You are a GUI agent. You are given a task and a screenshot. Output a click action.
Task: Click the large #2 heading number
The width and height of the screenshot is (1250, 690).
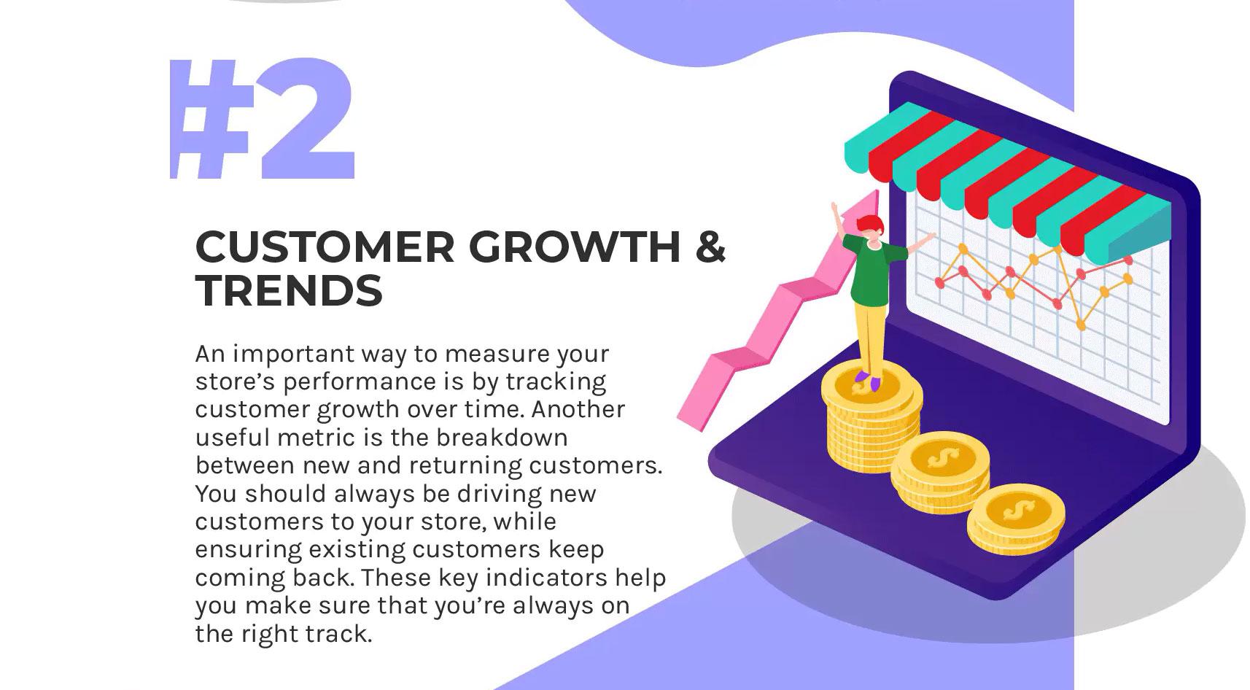point(263,118)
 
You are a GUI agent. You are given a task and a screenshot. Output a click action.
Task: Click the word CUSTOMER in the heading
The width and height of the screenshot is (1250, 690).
point(325,247)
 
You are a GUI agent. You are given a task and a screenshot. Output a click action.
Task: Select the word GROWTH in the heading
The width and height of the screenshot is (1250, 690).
point(575,247)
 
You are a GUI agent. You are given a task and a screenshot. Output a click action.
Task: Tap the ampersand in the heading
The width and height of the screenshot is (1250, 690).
point(710,247)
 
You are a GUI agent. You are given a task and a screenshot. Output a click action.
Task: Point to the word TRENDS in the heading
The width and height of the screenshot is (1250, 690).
point(289,291)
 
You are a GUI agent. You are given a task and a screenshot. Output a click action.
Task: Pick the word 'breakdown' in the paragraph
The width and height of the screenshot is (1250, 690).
point(502,437)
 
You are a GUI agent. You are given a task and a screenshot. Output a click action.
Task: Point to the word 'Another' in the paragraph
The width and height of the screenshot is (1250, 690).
point(578,409)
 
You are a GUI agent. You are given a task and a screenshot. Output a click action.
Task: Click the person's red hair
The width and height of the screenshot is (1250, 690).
point(871,225)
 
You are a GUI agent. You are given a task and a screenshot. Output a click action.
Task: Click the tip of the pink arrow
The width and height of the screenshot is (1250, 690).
point(877,191)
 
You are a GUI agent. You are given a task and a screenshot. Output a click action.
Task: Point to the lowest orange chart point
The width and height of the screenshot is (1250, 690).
point(1081,325)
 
